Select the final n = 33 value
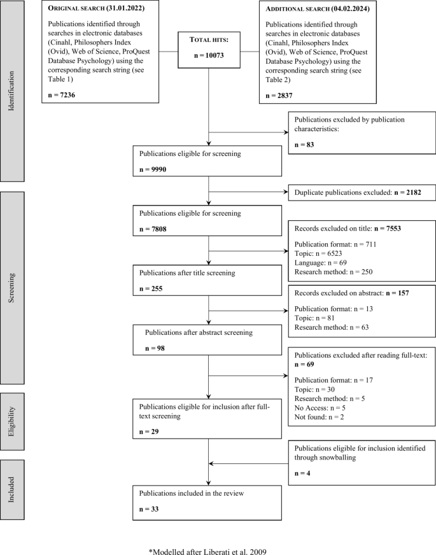coord(148,509)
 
